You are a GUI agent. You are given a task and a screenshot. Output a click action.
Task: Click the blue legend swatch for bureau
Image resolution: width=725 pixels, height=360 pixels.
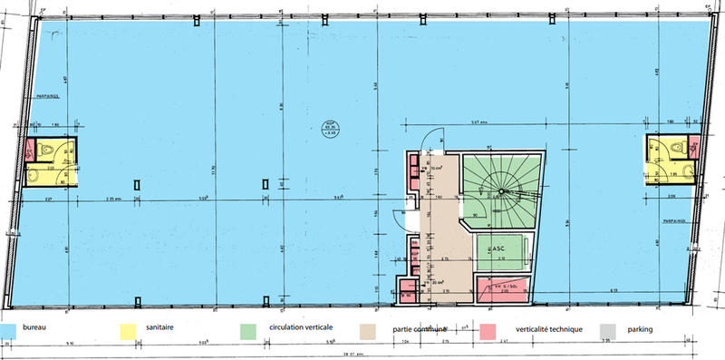tap(13, 329)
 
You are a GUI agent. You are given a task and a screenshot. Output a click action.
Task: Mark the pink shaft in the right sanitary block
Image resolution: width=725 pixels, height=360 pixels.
tap(695, 145)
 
